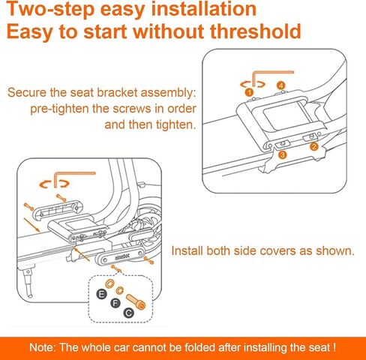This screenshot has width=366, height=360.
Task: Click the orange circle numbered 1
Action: coord(249,92)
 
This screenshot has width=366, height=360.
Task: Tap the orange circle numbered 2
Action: coord(314,146)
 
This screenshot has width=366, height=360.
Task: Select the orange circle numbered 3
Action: coord(282,154)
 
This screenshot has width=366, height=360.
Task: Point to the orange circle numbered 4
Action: coord(281,85)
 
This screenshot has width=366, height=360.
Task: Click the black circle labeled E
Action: coord(101,294)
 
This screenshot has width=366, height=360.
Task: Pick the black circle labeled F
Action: coord(115,303)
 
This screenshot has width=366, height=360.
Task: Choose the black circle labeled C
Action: coord(129,313)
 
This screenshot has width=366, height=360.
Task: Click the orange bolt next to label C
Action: coord(136,302)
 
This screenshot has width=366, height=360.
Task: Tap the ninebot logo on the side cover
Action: coord(122,256)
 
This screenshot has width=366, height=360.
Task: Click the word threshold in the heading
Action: coord(256,31)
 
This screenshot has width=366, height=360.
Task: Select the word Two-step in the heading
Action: coord(50,10)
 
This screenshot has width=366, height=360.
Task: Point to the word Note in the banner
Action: coord(41,347)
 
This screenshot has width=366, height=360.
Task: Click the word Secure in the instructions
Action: coord(27,92)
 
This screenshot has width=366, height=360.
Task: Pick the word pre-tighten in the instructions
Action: coord(59,109)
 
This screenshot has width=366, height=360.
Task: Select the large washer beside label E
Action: coord(109,283)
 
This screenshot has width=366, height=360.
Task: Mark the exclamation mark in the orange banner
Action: coord(334,347)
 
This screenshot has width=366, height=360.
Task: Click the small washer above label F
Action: coord(120,290)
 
